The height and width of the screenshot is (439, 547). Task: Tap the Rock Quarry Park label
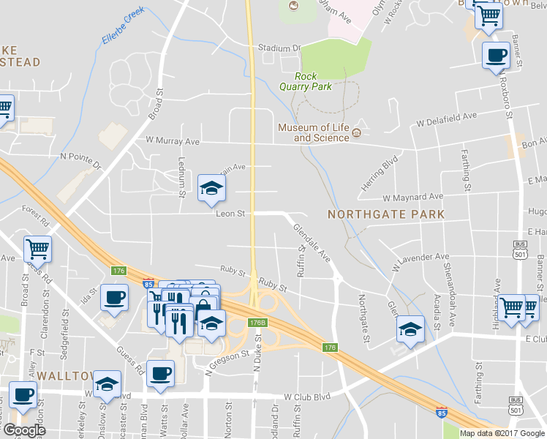(313, 81)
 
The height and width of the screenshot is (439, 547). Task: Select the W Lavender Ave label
(420, 260)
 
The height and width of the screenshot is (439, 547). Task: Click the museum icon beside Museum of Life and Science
(356, 132)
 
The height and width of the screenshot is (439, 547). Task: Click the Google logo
(23, 430)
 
